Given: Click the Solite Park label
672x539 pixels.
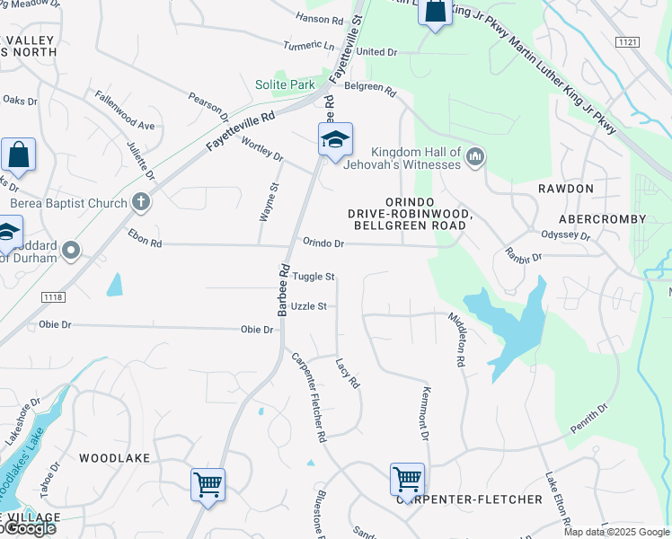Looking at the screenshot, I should (283, 84).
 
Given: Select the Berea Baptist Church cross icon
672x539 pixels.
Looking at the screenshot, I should (141, 202).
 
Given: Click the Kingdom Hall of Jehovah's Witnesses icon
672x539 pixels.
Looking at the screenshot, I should (475, 158).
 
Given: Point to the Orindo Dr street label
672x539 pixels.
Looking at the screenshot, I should (323, 243).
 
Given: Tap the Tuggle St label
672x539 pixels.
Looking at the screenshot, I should (313, 277).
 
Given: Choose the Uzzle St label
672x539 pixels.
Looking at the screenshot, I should (309, 306).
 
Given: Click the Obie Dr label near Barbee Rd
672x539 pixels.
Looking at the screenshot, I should (256, 330).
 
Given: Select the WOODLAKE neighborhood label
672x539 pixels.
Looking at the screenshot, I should (114, 458).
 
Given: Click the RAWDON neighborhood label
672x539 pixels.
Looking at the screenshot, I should (566, 189).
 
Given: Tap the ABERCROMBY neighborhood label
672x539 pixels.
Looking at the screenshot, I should (602, 219).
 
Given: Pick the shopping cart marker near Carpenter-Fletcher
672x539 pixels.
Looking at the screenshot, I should (407, 479).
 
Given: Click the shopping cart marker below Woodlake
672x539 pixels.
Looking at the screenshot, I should (208, 484).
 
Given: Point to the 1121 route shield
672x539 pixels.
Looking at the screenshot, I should (628, 42).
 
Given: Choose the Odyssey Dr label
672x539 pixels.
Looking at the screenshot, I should (565, 236).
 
